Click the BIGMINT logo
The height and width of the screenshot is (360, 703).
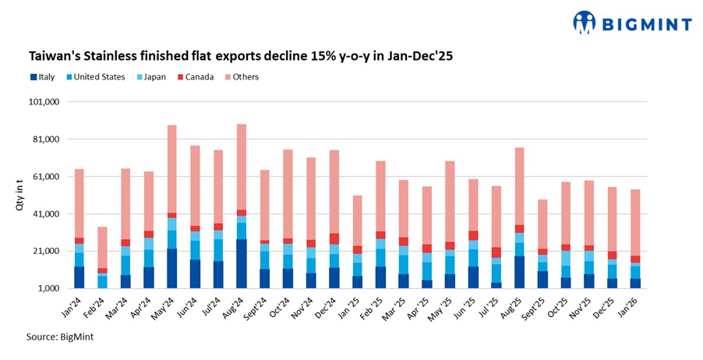coord(632,23)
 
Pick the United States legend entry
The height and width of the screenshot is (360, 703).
coord(95,77)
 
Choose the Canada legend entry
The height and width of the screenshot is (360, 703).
coord(197,77)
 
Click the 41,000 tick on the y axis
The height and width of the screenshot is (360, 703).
coord(46,214)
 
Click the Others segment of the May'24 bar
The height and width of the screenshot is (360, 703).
coord(171,168)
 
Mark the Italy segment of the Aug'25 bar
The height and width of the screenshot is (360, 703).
coord(518,272)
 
